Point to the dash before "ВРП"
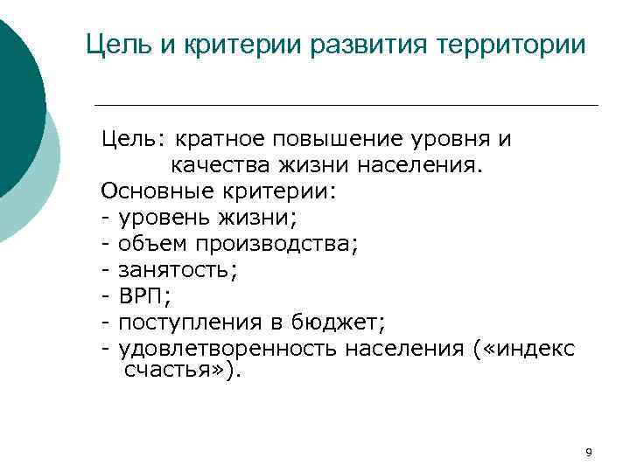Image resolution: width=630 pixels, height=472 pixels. click(x=105, y=296)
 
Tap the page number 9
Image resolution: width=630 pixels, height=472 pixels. click(x=588, y=452)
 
